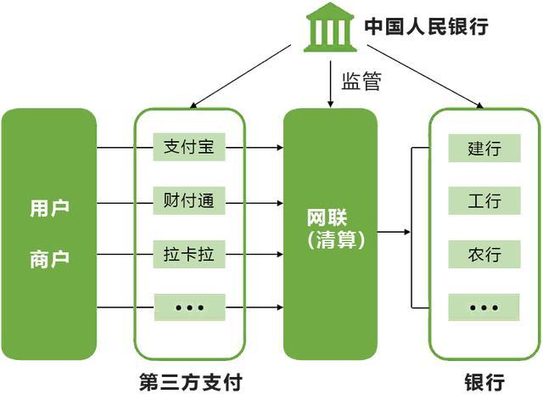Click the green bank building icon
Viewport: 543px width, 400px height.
tap(330, 27)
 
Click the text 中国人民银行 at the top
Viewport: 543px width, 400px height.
tap(426, 26)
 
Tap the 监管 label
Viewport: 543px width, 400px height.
tap(361, 82)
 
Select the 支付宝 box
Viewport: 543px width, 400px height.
tap(188, 147)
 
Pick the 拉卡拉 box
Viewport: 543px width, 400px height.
tap(188, 254)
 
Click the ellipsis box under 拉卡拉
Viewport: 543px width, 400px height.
tap(188, 307)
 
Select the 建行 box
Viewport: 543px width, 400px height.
tap(484, 149)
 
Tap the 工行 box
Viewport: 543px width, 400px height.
tap(484, 201)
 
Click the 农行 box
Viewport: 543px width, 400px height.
tap(484, 254)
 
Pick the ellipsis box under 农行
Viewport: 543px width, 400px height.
tap(484, 307)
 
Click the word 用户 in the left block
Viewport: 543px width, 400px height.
tap(48, 208)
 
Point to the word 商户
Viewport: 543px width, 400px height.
tap(48, 259)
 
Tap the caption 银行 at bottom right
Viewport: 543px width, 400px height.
tap(484, 380)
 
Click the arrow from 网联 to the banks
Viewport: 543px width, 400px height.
tap(394, 231)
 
